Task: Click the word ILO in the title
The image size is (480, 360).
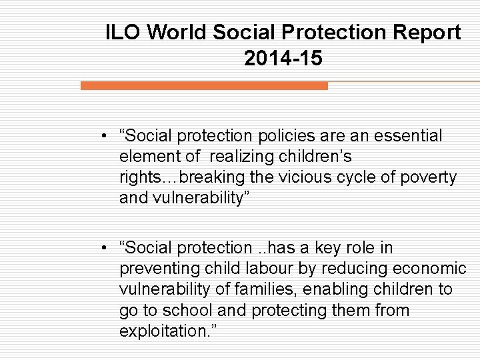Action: pyautogui.click(x=124, y=32)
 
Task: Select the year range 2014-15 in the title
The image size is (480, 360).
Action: pyautogui.click(x=283, y=59)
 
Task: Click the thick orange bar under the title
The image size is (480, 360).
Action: pyautogui.click(x=204, y=86)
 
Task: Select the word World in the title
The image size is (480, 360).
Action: pyautogui.click(x=176, y=32)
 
